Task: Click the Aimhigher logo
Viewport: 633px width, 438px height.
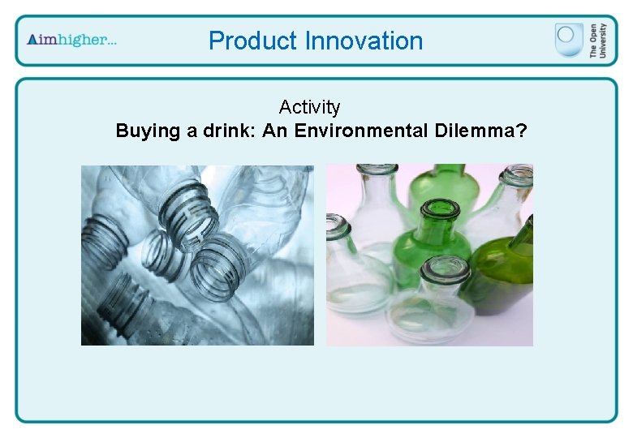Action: [71, 40]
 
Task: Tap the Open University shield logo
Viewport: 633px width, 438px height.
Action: [569, 39]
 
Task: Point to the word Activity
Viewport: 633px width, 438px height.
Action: [309, 107]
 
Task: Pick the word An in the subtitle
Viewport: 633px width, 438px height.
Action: [275, 131]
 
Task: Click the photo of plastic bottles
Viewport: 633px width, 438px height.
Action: [197, 255]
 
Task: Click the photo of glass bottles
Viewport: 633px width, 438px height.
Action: [429, 255]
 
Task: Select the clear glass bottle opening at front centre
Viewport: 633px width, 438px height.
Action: [445, 270]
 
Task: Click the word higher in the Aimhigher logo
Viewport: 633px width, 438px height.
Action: [90, 40]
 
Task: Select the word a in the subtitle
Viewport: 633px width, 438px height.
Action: [192, 131]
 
